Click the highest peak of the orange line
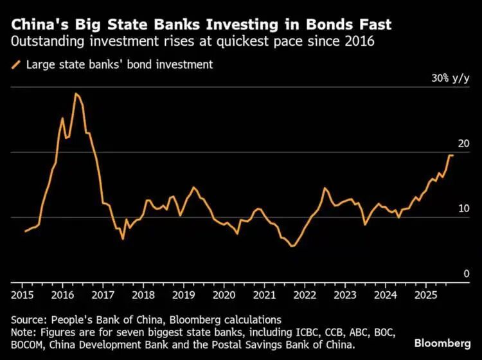pyautogui.click(x=76, y=94)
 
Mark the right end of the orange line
pyautogui.click(x=452, y=156)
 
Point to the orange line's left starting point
pyautogui.click(x=25, y=231)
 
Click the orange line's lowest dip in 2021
pyautogui.click(x=292, y=246)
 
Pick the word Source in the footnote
pyautogui.click(x=30, y=319)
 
